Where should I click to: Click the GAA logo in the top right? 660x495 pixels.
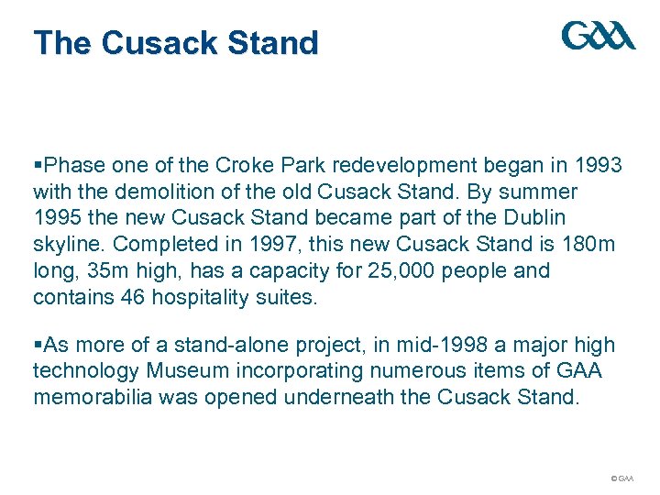[598, 36]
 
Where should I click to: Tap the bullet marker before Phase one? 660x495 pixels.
[37, 167]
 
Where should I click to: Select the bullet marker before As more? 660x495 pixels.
[37, 346]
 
